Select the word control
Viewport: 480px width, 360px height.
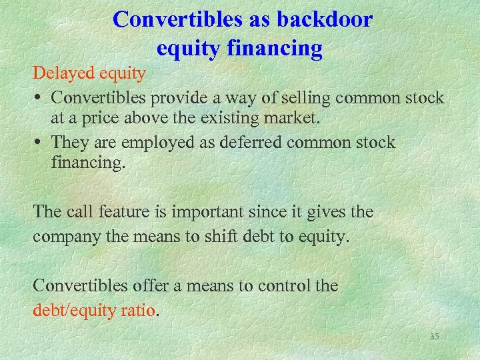tap(281, 286)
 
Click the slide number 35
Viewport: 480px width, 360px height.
tap(435, 337)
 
